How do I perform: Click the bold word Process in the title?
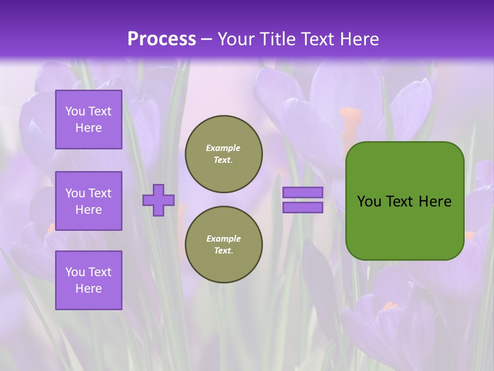click(162, 39)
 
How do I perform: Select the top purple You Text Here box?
click(89, 120)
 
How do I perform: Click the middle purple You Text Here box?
click(89, 201)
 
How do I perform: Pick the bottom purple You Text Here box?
click(89, 280)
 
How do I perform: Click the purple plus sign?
click(158, 200)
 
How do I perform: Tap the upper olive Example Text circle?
click(224, 154)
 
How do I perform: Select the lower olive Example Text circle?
click(224, 245)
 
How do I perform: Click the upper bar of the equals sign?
click(303, 193)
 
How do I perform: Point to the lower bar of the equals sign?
click(303, 208)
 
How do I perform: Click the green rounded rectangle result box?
click(404, 227)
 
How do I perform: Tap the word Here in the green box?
click(435, 201)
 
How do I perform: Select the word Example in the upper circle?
click(223, 148)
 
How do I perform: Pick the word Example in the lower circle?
click(223, 239)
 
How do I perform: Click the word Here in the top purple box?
click(89, 128)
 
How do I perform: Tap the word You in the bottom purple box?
click(75, 272)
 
